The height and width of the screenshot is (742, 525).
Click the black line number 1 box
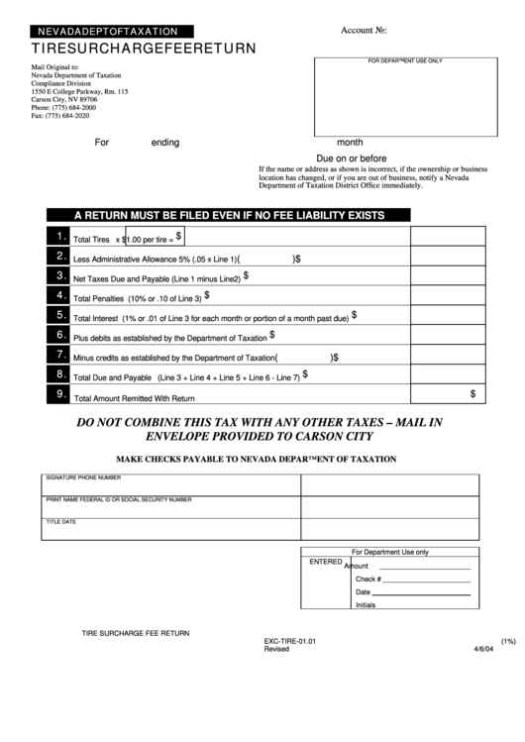[58, 236]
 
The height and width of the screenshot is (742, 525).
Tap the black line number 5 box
[58, 315]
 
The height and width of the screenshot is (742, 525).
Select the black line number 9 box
[58, 394]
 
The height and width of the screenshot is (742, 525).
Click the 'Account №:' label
[363, 31]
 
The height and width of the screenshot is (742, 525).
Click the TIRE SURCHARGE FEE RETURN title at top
[144, 48]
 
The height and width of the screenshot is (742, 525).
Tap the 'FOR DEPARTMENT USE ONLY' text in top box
[405, 61]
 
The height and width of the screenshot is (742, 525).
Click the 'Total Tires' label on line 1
[91, 240]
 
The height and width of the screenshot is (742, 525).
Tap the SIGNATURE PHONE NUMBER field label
[89, 477]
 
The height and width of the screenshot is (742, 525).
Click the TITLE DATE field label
[61, 521]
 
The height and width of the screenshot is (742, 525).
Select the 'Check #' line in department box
[367, 579]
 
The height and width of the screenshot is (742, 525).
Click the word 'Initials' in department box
[365, 604]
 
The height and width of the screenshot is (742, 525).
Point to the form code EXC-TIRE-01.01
[289, 641]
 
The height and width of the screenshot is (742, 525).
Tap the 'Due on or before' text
[351, 159]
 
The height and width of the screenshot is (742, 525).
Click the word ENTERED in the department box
[325, 562]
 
